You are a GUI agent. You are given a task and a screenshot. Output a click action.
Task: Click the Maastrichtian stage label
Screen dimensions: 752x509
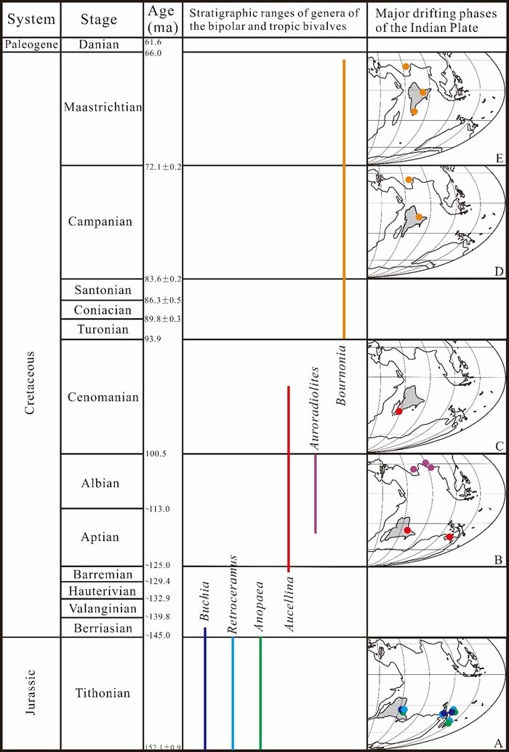[102, 108]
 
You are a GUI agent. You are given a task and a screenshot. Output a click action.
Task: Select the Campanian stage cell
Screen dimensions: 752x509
[102, 221]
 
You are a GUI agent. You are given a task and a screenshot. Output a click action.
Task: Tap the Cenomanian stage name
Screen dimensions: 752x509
[102, 397]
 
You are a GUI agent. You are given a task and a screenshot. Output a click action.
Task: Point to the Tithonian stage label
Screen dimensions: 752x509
[102, 693]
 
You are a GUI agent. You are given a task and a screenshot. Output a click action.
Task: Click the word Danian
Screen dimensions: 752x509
[102, 45]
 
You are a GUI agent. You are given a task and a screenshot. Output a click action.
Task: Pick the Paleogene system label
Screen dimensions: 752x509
[30, 45]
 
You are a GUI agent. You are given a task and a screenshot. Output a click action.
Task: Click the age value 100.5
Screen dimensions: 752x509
[156, 454]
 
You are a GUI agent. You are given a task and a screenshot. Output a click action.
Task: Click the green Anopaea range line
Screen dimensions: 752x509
[260, 692]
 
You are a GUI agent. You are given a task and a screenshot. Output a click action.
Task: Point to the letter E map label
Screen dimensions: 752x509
[498, 156]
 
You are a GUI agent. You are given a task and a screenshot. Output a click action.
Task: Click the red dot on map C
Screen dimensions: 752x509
[398, 412]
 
